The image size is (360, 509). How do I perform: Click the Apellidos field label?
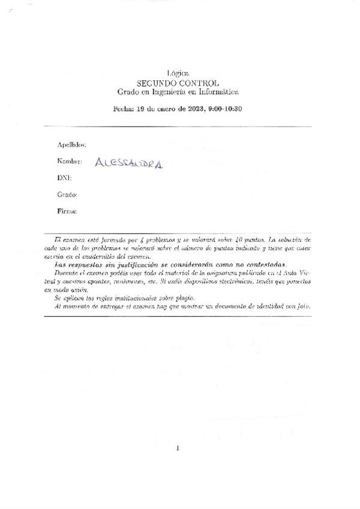[x=71, y=145]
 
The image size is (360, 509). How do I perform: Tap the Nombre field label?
[x=69, y=161]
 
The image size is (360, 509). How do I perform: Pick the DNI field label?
[x=64, y=178]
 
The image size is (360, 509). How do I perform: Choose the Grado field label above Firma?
[x=67, y=195]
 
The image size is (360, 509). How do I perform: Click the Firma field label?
[x=67, y=212]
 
